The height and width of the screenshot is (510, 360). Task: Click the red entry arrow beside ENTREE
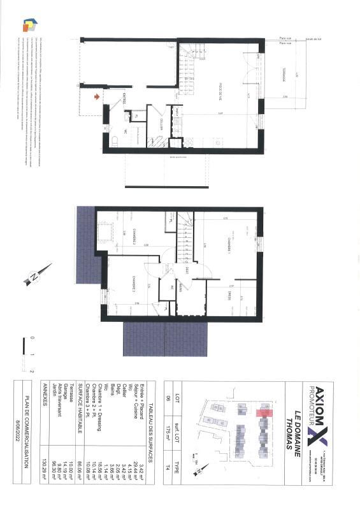(x=96, y=97)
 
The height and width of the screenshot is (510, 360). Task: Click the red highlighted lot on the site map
(x=263, y=412)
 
